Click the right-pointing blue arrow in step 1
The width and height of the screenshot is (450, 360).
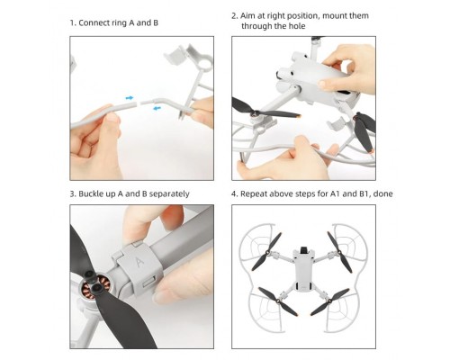(x=129, y=98)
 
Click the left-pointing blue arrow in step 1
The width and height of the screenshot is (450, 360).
(x=157, y=108)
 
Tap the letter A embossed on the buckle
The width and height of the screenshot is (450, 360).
(x=139, y=261)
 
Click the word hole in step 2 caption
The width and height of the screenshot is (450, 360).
(x=297, y=26)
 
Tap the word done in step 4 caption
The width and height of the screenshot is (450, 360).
(x=383, y=193)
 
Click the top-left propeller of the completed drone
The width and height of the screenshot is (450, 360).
(x=266, y=251)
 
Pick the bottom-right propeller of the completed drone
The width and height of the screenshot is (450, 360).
(x=330, y=301)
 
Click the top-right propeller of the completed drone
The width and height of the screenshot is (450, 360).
(x=339, y=252)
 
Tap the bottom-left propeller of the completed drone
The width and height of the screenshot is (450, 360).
(x=278, y=301)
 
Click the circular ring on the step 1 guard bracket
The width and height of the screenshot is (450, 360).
(x=206, y=62)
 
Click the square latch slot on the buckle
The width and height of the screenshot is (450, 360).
(x=148, y=282)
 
